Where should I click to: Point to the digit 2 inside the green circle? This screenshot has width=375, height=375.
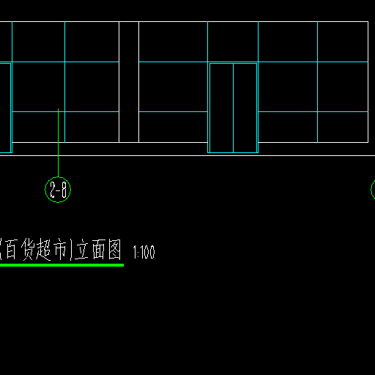tap(53, 190)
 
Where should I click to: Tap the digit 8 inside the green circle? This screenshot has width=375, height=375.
tap(64, 190)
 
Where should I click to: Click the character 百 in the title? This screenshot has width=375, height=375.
tap(11, 249)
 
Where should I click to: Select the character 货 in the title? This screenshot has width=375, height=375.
tap(28, 249)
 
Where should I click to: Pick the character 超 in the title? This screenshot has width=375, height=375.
tap(43, 249)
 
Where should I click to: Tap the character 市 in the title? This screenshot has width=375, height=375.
tap(60, 249)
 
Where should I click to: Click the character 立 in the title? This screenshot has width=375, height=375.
tap(81, 249)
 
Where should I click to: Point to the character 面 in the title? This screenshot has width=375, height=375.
tap(99, 249)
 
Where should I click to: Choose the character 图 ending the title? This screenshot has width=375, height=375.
tap(115, 249)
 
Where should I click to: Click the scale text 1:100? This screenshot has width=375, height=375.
tap(144, 252)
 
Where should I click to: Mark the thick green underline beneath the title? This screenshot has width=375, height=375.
tap(62, 265)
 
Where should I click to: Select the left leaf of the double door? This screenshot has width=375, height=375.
tap(221, 108)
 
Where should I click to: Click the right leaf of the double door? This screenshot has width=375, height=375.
tap(245, 108)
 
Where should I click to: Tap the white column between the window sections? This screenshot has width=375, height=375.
tap(129, 82)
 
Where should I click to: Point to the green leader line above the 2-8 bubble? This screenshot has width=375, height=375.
tap(58, 143)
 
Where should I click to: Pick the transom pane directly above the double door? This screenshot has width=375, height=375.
tap(233, 42)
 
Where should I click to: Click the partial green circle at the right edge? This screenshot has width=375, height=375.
tap(371, 190)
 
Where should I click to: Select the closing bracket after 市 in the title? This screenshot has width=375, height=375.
tap(71, 250)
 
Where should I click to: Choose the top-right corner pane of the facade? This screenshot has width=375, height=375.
tap(343, 42)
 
